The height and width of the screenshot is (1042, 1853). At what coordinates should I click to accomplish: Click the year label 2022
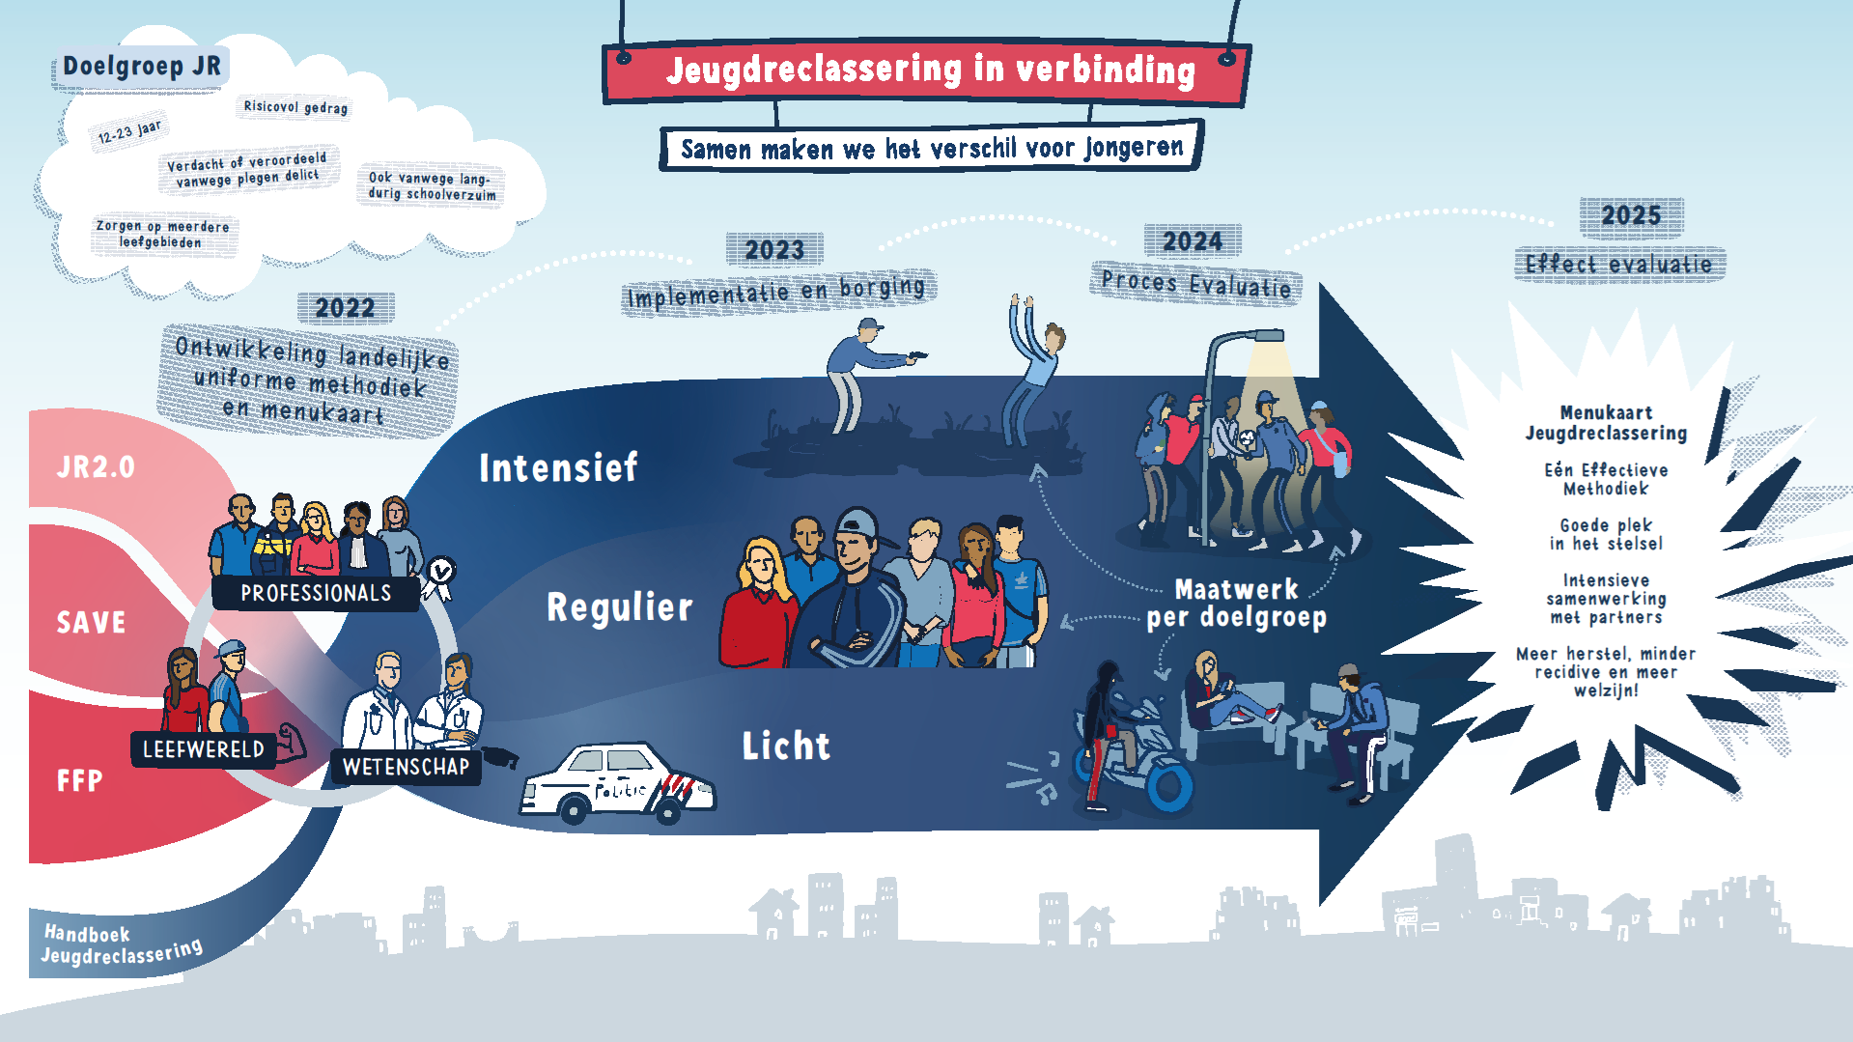coord(345,308)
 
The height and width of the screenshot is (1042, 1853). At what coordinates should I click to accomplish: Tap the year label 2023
coord(774,250)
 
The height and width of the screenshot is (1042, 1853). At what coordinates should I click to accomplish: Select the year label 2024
coord(1192,241)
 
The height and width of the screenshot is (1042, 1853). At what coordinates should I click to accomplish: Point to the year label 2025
coord(1631,215)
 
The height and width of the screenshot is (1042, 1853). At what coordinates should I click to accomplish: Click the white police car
coord(618,784)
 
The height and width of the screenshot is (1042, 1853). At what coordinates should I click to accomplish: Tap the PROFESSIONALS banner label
coord(316,593)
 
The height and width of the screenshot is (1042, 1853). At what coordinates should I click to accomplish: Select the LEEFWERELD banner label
coord(203,749)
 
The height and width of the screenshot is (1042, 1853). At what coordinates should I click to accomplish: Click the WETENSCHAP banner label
coord(406,767)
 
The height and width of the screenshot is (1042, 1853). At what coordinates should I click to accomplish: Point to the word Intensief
coord(558,468)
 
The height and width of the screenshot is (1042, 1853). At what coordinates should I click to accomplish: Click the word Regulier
coord(620,607)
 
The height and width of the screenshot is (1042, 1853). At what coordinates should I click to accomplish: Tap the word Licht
coord(786,746)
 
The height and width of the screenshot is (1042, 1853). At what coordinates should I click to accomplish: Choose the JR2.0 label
coord(96,467)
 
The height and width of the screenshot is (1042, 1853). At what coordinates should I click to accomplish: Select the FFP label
coord(79,780)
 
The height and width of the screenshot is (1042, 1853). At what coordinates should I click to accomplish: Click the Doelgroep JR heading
coord(142,67)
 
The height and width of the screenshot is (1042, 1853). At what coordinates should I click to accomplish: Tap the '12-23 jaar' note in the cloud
coord(130,132)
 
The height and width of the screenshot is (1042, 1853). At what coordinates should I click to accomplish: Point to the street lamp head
coord(1254,337)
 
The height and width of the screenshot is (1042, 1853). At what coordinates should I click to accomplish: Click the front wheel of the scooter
coord(1169,786)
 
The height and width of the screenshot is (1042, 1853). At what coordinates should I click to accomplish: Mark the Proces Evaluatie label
coord(1195,283)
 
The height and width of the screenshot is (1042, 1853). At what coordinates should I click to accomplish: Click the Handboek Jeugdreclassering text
coord(122,944)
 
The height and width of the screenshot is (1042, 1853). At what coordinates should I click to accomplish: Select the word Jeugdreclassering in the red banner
coord(814,70)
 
